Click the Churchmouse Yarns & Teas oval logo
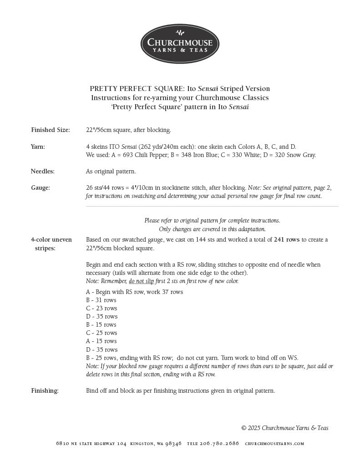[180, 44]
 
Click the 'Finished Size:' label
[51, 130]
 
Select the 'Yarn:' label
[38, 147]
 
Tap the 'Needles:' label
[43, 172]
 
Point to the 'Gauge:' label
[41, 187]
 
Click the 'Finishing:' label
[45, 390]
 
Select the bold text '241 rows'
[287, 240]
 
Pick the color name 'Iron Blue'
[196, 155]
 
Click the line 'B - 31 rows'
[101, 300]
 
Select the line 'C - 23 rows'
[101, 309]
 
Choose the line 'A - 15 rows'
[101, 341]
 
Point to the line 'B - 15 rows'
[101, 325]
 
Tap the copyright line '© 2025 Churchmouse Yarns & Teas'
[284, 428]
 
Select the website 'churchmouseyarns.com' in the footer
[274, 444]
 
